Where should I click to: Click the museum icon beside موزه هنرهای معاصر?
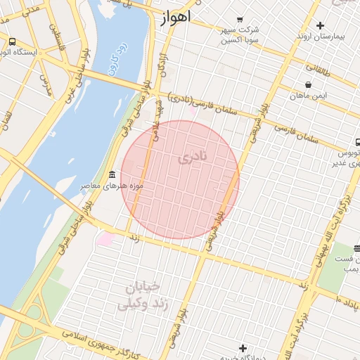(111, 174)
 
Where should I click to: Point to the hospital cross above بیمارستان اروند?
(320, 25)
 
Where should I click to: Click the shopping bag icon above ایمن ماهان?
(309, 85)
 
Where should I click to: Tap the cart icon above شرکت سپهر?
(240, 19)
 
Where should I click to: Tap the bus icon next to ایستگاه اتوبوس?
(12, 41)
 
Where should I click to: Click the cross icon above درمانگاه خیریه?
(243, 347)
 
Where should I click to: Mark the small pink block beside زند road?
(104, 239)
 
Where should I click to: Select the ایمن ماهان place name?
(308, 96)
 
